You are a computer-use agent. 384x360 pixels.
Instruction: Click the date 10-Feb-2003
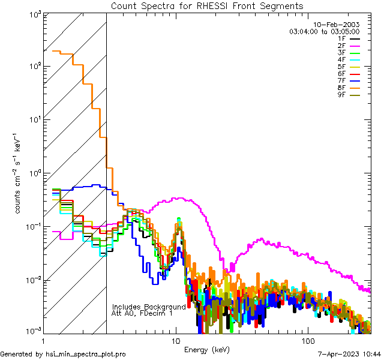pos(335,25)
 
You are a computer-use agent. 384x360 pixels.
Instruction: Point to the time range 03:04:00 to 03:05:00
pos(324,31)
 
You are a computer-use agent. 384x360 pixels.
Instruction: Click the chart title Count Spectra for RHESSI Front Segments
pos(208,6)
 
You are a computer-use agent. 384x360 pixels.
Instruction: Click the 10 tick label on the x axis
pos(175,341)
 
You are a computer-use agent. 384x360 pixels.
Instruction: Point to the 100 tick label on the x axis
pos(307,341)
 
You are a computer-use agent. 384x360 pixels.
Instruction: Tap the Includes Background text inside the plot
pos(149,307)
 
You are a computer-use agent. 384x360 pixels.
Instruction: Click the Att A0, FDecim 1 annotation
pos(142,313)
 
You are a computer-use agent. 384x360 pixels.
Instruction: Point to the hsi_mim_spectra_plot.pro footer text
pos(63,354)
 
